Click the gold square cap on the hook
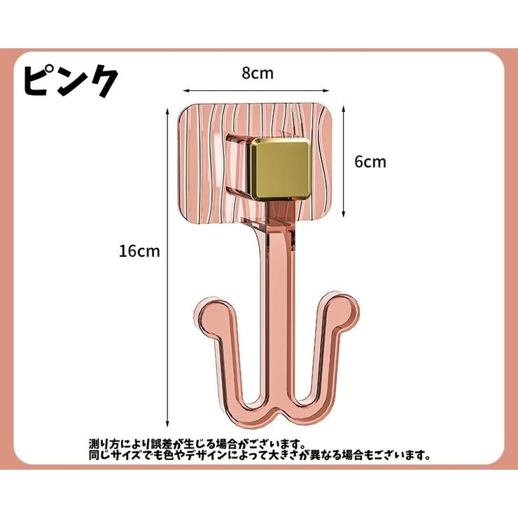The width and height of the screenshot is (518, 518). point(280,170)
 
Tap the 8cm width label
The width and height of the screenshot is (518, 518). point(258,73)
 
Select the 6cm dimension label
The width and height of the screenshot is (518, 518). point(370,162)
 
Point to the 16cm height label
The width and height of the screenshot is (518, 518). point(139,251)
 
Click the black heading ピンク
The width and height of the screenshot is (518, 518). point(71,80)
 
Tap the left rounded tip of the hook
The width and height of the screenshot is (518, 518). point(211,316)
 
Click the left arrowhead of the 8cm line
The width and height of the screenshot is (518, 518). point(186,90)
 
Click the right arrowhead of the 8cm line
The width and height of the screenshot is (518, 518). point(326,90)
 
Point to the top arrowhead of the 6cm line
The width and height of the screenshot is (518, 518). point(344,108)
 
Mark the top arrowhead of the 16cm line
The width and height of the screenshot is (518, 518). point(167,111)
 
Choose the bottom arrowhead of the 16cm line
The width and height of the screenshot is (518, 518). point(167,423)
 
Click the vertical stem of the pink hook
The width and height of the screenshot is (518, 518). point(279,297)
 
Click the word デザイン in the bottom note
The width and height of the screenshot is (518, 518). point(206,456)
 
